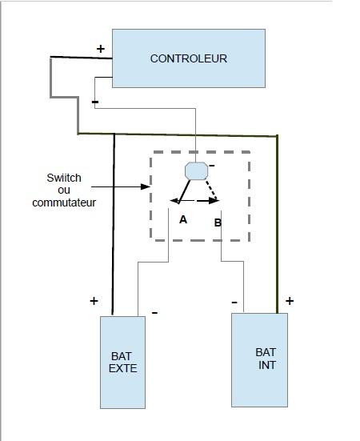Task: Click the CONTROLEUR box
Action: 189,58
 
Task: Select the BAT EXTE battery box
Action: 123,363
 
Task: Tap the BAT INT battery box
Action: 259,360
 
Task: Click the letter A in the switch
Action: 183,219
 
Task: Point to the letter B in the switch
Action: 218,223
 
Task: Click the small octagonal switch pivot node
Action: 197,170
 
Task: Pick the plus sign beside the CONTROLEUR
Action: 101,49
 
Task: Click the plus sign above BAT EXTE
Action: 94,301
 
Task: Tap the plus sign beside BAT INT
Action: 290,301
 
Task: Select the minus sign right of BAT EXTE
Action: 154,312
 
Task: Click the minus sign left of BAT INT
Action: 234,303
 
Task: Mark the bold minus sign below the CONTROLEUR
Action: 95,102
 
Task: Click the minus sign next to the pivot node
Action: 212,166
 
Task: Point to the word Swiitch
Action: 64,178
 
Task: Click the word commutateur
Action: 64,202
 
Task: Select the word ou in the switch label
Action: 64,190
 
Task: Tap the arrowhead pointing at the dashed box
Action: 146,186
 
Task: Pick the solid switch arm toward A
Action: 184,191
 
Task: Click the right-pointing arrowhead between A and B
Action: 214,201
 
